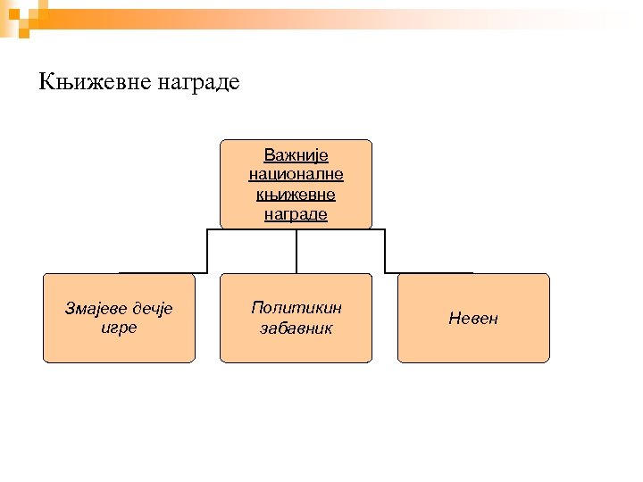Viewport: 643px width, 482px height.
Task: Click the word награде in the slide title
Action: click(x=198, y=84)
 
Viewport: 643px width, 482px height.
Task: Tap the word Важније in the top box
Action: click(x=296, y=155)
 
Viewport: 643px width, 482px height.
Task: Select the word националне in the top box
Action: click(x=296, y=175)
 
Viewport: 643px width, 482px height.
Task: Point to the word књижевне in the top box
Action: click(x=296, y=195)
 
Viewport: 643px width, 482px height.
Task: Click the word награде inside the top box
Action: click(x=296, y=214)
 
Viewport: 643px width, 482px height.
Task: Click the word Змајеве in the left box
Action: click(x=96, y=309)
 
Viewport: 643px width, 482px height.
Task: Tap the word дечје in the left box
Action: click(x=150, y=309)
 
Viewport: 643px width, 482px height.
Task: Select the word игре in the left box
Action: click(x=119, y=328)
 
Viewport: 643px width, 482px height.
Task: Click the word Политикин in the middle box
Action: click(x=296, y=308)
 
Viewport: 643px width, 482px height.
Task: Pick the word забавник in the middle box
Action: click(x=296, y=328)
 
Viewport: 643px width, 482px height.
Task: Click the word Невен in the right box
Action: click(x=473, y=319)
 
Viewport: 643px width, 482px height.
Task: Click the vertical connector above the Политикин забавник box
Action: click(x=296, y=251)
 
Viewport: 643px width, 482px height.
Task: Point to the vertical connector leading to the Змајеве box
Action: click(x=207, y=251)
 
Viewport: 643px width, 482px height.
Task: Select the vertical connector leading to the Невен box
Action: click(x=385, y=251)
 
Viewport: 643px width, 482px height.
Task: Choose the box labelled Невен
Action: click(x=473, y=344)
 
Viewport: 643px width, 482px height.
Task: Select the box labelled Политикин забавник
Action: click(x=296, y=348)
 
